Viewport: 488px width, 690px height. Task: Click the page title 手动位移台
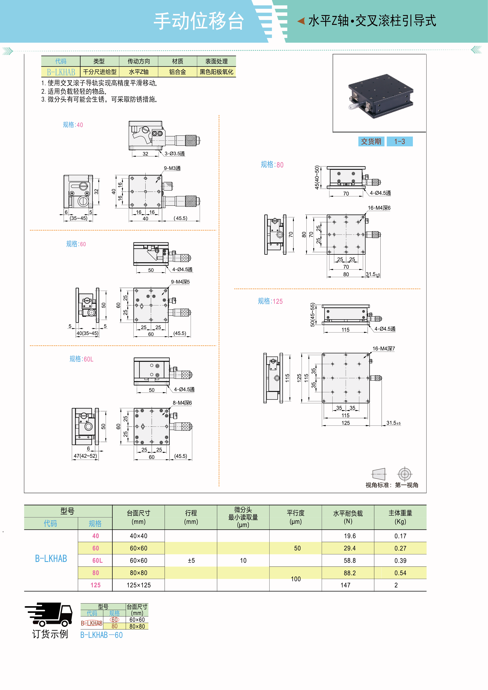tap(198, 21)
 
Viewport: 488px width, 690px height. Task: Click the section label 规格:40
tap(73, 125)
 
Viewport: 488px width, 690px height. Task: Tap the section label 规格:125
tap(270, 301)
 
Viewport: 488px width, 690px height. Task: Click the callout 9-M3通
tap(172, 168)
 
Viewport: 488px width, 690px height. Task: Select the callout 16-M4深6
tap(379, 208)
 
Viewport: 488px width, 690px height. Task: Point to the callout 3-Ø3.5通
tap(175, 154)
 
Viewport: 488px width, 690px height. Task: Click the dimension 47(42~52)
tap(85, 456)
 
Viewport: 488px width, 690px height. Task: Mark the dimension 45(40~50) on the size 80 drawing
tap(317, 177)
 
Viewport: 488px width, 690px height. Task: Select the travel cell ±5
tap(191, 560)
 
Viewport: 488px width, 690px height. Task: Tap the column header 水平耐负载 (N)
tap(348, 517)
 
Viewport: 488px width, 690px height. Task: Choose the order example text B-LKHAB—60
tap(101, 635)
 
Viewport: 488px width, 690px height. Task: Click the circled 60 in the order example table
tap(114, 620)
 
